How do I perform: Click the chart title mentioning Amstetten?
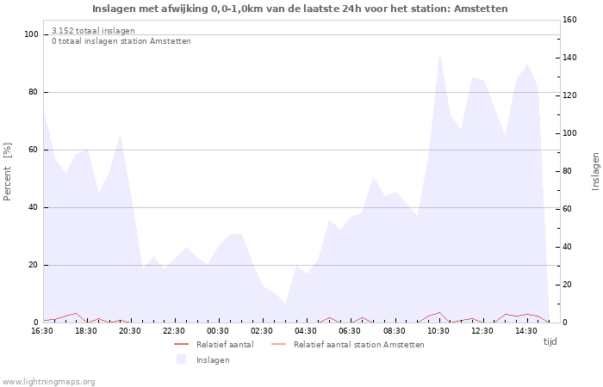point(300,9)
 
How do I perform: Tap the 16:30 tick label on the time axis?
point(42,331)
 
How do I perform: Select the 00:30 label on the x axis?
point(218,331)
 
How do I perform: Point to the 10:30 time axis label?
point(438,331)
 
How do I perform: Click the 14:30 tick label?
point(526,331)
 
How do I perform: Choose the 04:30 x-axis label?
point(306,331)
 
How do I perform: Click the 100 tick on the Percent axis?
point(32,34)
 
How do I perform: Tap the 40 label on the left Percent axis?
point(34,208)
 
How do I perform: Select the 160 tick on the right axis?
point(569,20)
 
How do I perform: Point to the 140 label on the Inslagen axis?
point(569,58)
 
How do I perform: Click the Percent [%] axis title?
point(7,172)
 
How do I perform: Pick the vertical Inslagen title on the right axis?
point(596,172)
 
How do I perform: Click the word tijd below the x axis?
point(550,341)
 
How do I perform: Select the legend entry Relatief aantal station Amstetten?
point(359,345)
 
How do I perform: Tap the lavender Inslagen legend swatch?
point(182,359)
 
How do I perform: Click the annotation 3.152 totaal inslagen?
point(93,31)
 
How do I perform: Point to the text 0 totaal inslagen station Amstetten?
point(121,41)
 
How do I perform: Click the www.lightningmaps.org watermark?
point(47,382)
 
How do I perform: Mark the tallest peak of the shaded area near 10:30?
point(439,53)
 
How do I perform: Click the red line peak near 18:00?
point(76,313)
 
